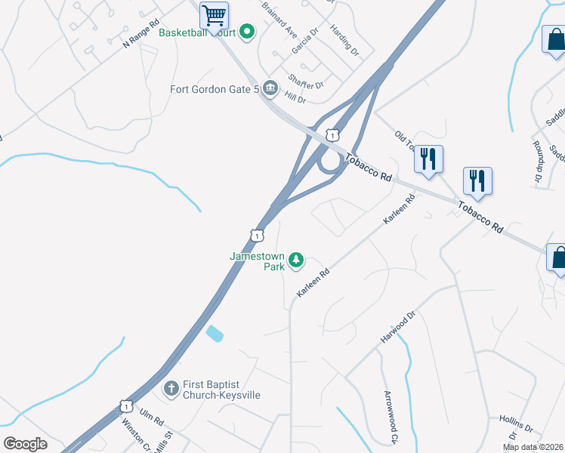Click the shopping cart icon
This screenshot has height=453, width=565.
tap(215, 14)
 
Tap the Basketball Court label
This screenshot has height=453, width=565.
tap(198, 32)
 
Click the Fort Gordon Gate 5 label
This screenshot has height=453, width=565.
tap(215, 88)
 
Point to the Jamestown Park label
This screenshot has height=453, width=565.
tap(258, 261)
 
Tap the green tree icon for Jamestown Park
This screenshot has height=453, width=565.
tap(297, 261)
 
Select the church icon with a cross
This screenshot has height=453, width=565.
tap(172, 390)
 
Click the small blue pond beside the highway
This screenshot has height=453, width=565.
tap(215, 333)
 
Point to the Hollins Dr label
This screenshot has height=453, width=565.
tap(516, 423)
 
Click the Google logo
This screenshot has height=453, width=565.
tap(25, 444)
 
